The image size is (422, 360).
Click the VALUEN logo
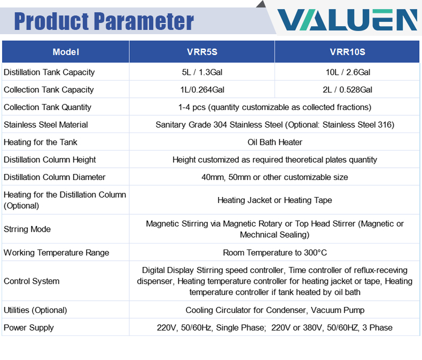[x=347, y=20]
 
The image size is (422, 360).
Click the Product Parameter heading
[x=104, y=21]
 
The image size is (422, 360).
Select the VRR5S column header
[x=202, y=52]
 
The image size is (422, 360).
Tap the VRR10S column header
[x=347, y=52]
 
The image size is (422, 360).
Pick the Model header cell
[x=66, y=52]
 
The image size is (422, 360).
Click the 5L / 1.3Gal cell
[x=202, y=72]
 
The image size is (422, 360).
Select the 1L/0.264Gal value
[x=202, y=90]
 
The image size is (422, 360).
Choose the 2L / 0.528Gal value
[x=347, y=90]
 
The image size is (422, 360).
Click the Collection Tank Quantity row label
[x=48, y=107]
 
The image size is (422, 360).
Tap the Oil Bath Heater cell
[x=275, y=142]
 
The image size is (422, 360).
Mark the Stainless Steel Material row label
[x=46, y=124]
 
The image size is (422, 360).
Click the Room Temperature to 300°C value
[x=275, y=253]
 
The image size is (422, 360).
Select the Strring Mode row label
[x=27, y=229]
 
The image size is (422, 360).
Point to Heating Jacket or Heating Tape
[x=275, y=200]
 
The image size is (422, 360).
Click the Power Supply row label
[x=29, y=328]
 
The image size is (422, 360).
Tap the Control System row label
[x=32, y=281]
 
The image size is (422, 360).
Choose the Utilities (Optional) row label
[x=35, y=310]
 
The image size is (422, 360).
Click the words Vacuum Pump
[x=338, y=310]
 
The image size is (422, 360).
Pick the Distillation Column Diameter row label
[x=54, y=177]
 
